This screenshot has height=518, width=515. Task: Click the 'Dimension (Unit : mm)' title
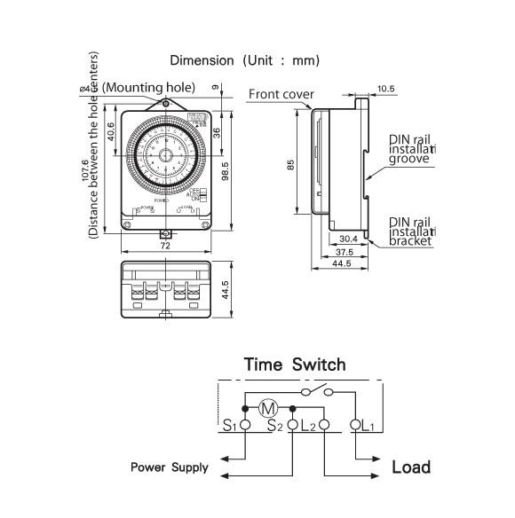[x=244, y=60]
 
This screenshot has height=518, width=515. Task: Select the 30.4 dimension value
[x=349, y=239]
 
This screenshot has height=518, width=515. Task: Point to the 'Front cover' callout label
[x=281, y=94]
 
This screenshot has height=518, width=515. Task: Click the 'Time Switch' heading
[x=295, y=365]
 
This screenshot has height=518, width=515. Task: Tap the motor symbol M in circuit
[x=268, y=409]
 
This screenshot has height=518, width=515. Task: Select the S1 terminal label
[x=228, y=426]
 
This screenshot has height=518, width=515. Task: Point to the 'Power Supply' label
[x=170, y=467]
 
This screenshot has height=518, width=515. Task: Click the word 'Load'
[x=411, y=467]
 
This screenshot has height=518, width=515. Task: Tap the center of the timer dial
[x=166, y=153]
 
